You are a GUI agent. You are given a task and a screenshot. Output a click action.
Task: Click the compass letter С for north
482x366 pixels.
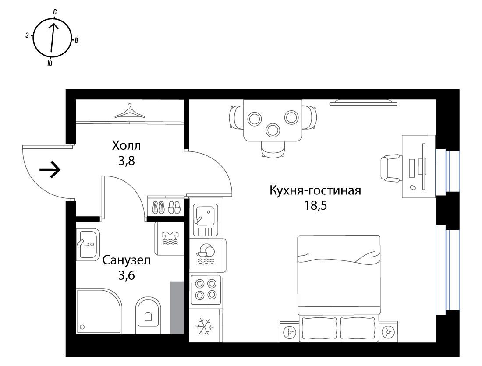[55, 12]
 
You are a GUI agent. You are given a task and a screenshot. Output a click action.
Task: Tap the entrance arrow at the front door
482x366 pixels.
[50, 169]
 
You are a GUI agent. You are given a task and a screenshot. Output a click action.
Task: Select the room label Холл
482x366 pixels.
[126, 145]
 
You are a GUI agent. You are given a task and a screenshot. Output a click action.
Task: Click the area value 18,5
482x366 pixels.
[315, 205]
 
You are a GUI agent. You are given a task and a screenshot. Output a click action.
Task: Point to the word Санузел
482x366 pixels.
[126, 260]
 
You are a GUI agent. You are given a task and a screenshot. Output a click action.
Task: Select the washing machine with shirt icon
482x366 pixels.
[170, 238]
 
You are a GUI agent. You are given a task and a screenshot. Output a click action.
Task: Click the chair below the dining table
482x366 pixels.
[272, 148]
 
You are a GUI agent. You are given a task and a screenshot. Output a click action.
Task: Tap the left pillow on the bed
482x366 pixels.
[320, 328]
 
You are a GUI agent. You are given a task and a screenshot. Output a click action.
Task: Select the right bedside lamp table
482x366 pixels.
[388, 331]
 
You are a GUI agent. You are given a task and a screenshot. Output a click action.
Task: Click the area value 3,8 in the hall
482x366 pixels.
[126, 161]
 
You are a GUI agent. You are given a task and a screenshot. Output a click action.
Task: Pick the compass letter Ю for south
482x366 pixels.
[50, 63]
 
